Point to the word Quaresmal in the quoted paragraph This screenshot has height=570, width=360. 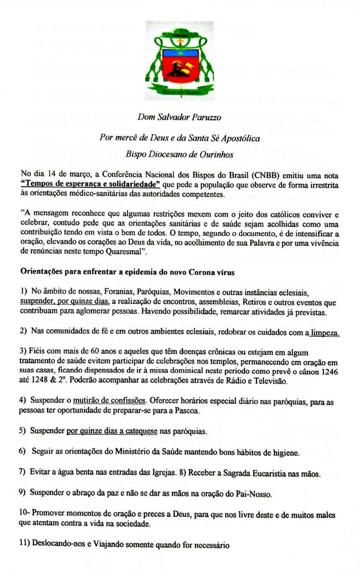click(x=137, y=252)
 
